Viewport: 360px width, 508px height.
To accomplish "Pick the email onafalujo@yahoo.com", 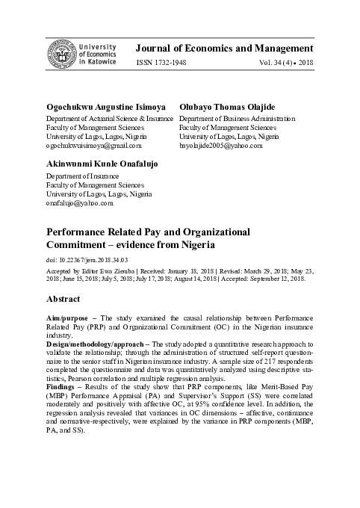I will (79, 202).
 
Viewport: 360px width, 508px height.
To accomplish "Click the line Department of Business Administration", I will (237, 119).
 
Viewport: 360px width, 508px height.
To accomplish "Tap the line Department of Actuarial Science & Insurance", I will (110, 119).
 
